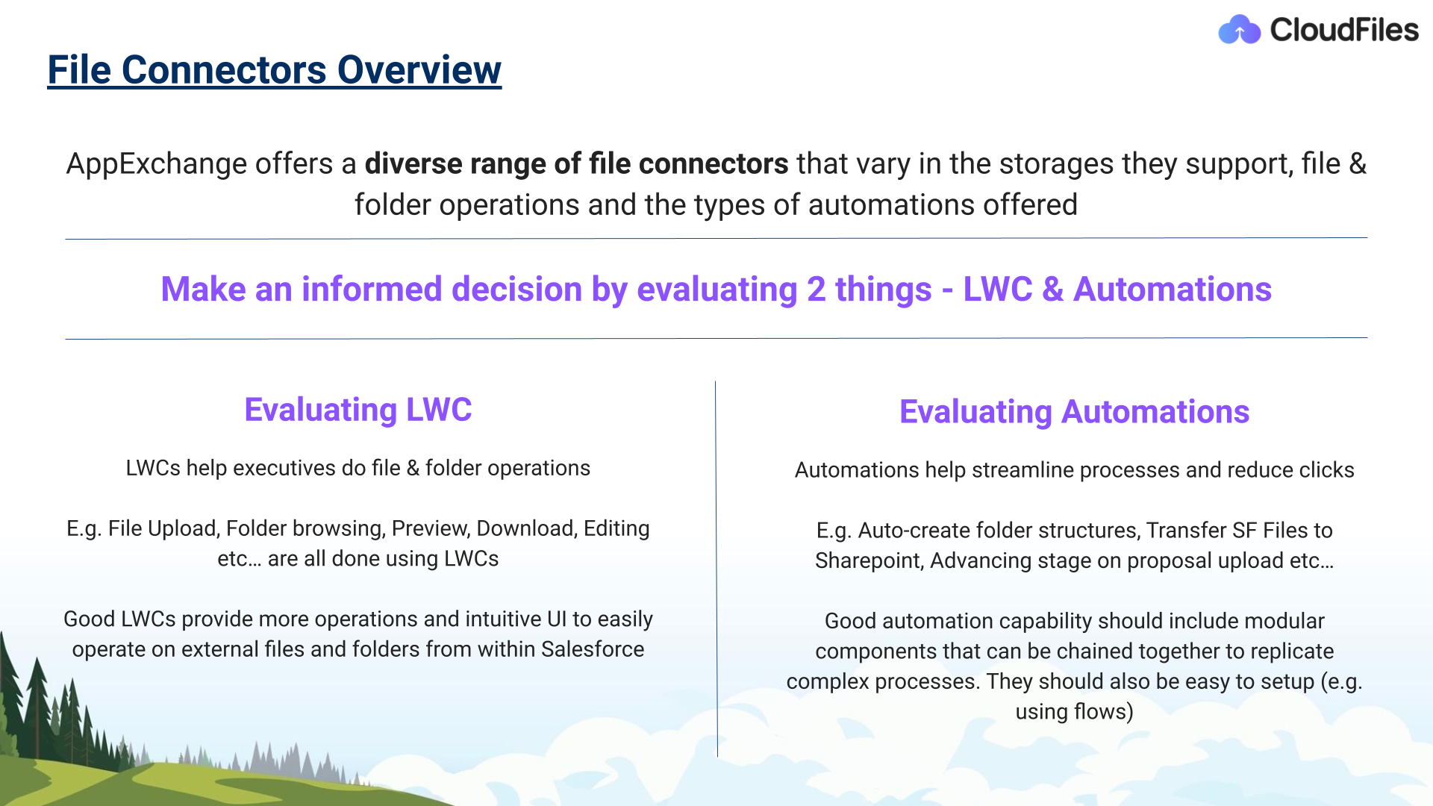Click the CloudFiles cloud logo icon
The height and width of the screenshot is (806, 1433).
(x=1240, y=30)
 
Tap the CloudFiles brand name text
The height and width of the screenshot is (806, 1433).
(x=1344, y=30)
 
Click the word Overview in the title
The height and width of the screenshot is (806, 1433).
(x=419, y=70)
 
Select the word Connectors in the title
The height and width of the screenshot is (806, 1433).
(x=224, y=70)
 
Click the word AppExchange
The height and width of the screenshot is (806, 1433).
(x=157, y=164)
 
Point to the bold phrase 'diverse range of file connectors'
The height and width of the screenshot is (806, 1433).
(x=576, y=164)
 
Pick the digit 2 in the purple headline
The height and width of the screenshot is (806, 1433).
(x=816, y=290)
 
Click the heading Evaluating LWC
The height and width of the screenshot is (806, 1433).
(x=358, y=410)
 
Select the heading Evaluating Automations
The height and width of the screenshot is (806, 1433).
(x=1074, y=412)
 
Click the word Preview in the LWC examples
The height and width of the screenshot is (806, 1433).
(x=431, y=528)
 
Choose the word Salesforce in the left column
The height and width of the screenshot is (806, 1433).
(x=593, y=649)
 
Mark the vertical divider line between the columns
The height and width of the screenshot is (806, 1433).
(x=716, y=569)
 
